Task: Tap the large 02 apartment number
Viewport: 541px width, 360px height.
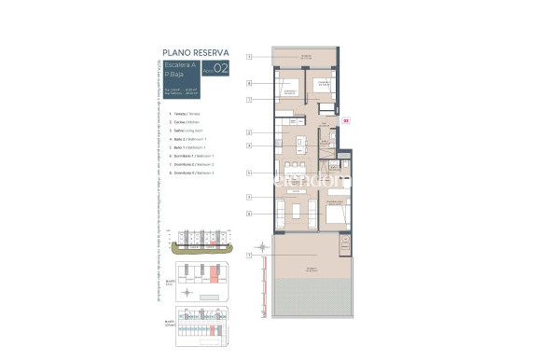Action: (220, 69)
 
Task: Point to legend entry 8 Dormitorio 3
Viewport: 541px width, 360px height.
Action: (186, 173)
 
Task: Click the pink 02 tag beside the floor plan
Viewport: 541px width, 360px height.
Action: (346, 119)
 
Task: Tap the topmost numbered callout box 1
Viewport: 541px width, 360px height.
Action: (250, 58)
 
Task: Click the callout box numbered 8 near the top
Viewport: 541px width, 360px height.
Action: (250, 83)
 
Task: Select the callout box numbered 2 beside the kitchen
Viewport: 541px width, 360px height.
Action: (250, 132)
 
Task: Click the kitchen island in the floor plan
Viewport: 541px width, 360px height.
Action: (299, 145)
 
